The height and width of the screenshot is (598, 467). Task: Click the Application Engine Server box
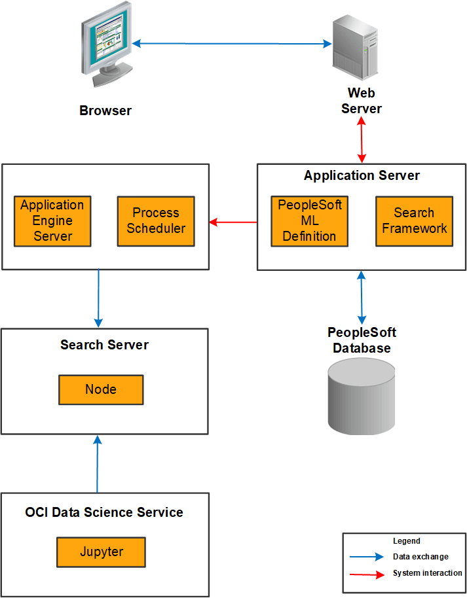tap(52, 220)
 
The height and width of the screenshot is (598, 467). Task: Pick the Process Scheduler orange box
tap(156, 221)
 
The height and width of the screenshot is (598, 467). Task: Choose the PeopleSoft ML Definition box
tap(309, 220)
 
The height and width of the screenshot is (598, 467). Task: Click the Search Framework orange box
tap(414, 221)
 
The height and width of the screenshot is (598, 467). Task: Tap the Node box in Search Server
tap(101, 390)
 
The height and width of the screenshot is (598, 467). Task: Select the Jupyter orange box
tap(101, 552)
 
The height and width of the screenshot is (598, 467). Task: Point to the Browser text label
tap(105, 111)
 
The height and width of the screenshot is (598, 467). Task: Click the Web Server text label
tap(362, 101)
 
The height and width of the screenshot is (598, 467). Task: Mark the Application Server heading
tap(362, 175)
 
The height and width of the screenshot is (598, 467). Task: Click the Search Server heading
tap(105, 345)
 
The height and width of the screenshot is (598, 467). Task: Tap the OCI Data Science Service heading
tap(104, 512)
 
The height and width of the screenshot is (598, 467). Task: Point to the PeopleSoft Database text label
tap(362, 340)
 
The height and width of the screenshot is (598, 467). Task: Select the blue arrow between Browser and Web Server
tap(232, 44)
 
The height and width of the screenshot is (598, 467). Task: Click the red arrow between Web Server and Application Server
tap(362, 140)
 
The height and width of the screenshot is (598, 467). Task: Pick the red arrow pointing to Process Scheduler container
tap(233, 222)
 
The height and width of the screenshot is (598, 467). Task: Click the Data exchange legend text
tap(420, 557)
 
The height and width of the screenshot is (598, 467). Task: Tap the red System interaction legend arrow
tap(367, 574)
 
